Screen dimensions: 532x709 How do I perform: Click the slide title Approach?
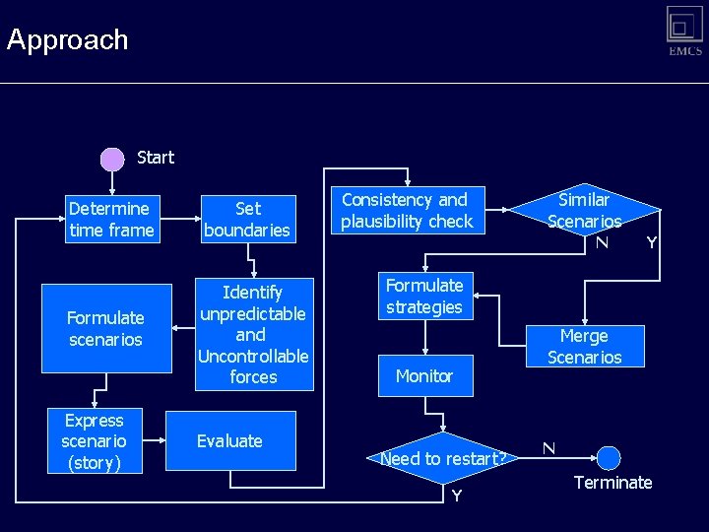67,40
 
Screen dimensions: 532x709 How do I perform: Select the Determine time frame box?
111,219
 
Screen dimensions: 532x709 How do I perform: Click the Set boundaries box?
247,219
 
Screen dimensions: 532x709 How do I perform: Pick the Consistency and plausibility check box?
407,211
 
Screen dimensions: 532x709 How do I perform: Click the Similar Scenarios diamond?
584,210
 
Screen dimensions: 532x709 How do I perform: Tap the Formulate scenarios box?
105,329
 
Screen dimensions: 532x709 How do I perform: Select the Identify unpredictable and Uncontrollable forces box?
253,334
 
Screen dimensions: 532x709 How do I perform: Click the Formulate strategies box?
424,296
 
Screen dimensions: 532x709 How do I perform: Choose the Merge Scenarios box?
584,347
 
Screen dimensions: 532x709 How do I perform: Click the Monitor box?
424,375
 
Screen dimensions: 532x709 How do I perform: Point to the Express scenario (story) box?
95,440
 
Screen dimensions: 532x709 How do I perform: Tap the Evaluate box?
229,441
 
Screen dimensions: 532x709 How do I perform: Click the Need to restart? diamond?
444,458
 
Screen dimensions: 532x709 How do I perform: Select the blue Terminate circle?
609,458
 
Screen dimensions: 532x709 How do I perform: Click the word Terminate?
612,483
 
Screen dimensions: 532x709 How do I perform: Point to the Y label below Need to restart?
456,496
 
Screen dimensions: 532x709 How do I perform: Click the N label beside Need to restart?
548,448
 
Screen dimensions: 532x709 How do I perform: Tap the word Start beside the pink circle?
156,158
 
